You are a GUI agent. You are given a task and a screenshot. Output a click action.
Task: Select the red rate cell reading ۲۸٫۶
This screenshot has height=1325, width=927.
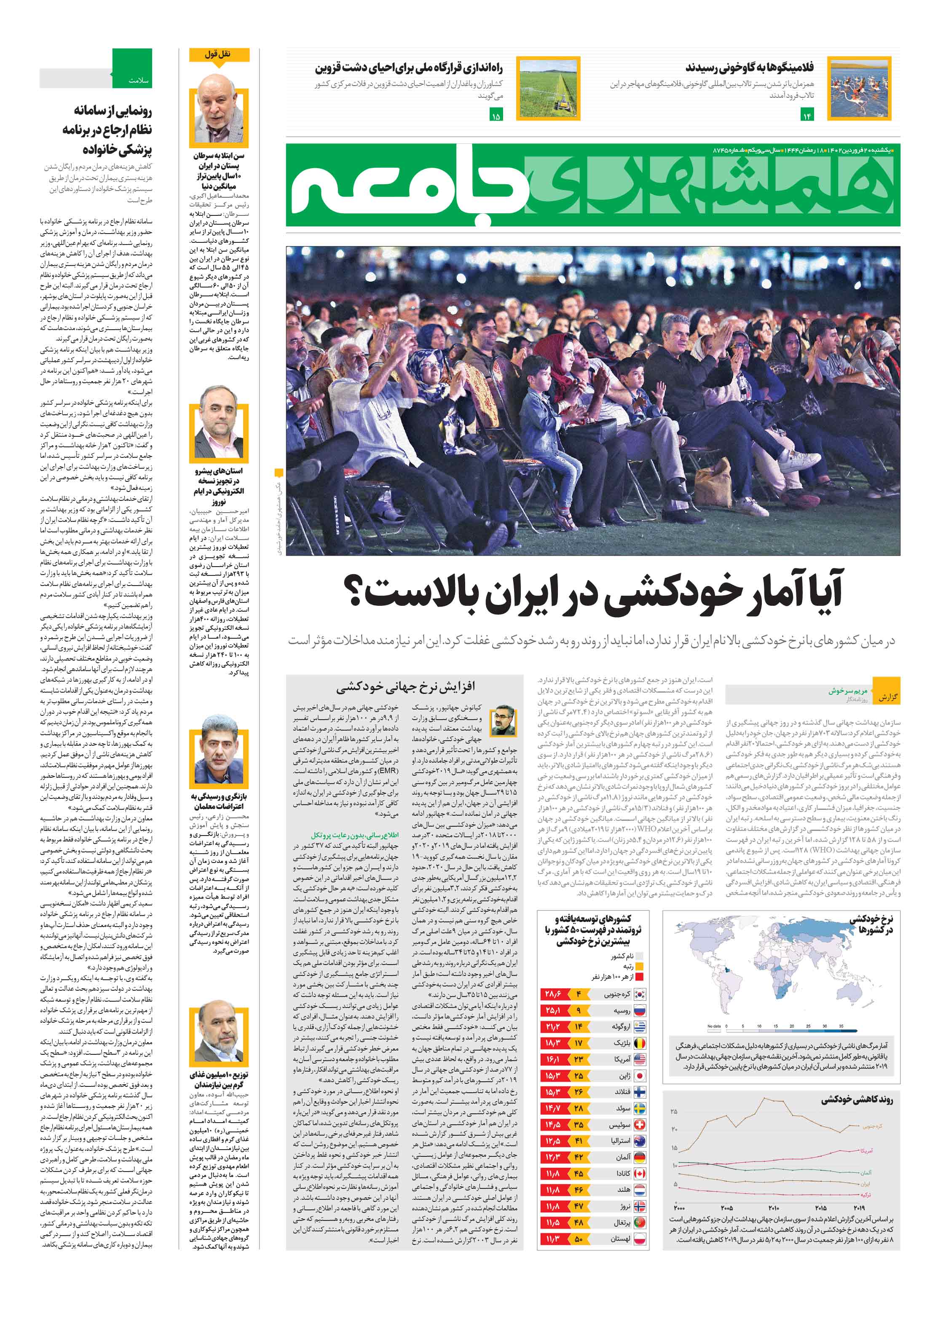(552, 994)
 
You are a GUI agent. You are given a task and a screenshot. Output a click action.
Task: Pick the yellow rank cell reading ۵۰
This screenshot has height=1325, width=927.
(579, 1239)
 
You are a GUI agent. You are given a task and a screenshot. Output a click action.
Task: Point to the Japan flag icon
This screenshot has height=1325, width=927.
(640, 1076)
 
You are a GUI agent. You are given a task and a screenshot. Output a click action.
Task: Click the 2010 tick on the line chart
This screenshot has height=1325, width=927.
(774, 1207)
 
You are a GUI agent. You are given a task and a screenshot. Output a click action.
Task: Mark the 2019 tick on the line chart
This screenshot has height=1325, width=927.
(858, 1207)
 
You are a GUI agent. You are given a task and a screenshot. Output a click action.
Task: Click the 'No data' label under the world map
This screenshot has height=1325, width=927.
(713, 1026)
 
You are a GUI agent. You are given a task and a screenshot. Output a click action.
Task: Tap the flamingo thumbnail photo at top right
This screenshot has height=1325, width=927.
(858, 88)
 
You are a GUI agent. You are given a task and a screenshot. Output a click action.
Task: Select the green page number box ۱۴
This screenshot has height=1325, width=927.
(806, 116)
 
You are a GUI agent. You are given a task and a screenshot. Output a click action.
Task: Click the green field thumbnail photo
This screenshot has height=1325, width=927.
(548, 88)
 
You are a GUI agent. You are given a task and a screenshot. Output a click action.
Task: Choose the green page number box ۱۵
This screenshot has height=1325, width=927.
(496, 116)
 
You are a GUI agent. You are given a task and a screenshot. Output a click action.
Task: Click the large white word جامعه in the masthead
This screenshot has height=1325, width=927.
(410, 186)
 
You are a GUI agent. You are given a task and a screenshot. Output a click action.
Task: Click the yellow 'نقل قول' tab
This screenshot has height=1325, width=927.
(219, 54)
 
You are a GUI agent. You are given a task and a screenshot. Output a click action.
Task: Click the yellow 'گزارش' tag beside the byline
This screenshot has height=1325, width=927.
(887, 697)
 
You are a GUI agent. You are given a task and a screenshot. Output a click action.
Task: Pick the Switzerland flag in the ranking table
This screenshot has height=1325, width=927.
(640, 1125)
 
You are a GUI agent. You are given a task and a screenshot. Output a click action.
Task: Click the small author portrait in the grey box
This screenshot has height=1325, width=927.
(504, 721)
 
